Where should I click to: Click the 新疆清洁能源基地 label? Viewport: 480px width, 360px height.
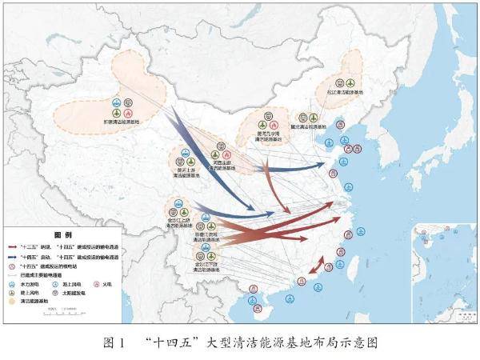pyautogui.click(x=122, y=122)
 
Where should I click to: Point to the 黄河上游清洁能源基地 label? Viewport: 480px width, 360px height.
pyautogui.click(x=186, y=179)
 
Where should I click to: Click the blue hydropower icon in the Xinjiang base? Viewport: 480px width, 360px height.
pyautogui.click(x=117, y=102)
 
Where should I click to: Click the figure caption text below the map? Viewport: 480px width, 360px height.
pyautogui.click(x=240, y=342)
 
